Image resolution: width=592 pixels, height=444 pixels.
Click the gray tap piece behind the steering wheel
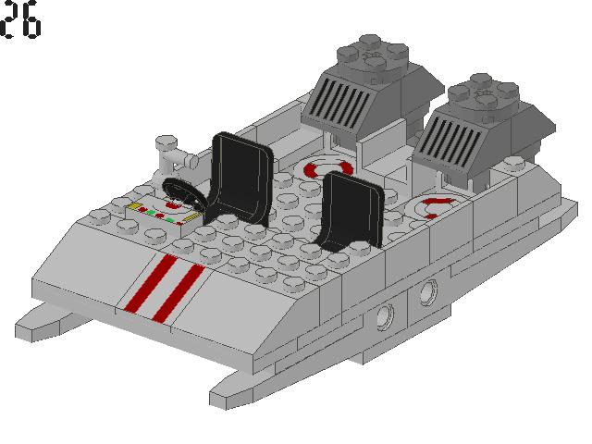171,154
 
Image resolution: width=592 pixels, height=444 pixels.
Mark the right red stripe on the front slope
179,292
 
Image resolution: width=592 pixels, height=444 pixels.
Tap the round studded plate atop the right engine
485,93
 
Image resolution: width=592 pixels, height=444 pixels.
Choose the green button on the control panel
149,212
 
